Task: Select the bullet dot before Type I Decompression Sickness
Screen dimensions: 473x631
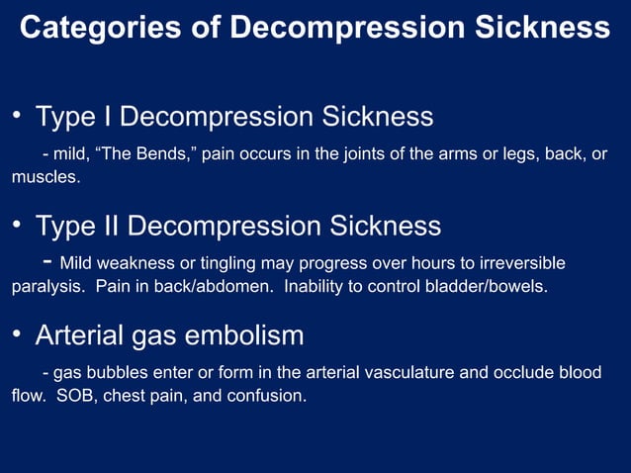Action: [x=17, y=116]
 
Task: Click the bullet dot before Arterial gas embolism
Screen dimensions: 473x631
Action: [x=17, y=334]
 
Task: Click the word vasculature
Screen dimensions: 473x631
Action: [x=428, y=373]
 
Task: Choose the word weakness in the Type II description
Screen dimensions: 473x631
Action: [x=135, y=263]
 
